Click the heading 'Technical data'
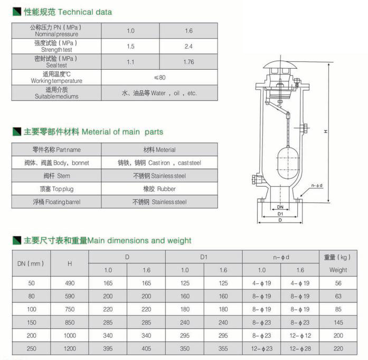[x=84, y=12]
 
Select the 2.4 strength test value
[x=188, y=47]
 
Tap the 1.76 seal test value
[x=188, y=62]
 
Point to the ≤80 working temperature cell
[x=159, y=77]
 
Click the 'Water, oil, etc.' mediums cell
[x=159, y=93]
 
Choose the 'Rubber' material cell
[x=159, y=189]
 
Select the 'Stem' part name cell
[x=56, y=176]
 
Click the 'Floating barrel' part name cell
[x=56, y=202]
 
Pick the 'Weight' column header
[x=338, y=270]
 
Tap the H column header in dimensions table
[x=70, y=263]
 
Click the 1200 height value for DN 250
[x=70, y=348]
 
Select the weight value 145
[x=338, y=322]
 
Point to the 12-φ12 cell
[x=300, y=335]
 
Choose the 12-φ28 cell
[x=300, y=348]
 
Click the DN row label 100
[x=31, y=309]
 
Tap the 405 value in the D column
[x=146, y=348]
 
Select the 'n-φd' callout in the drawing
[x=316, y=185]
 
